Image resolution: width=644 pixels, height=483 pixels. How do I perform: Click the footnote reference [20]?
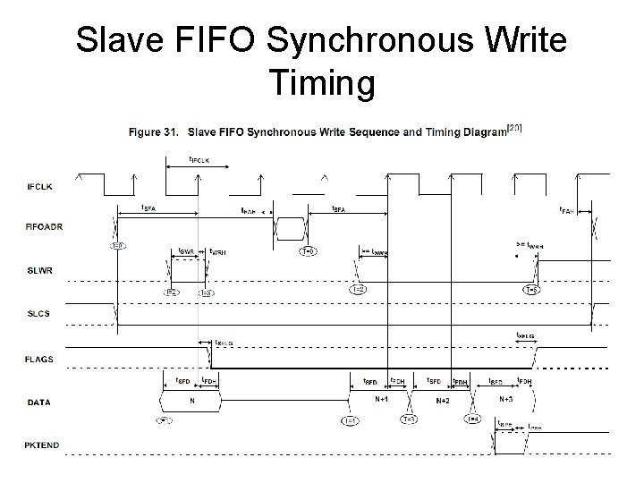tap(514, 127)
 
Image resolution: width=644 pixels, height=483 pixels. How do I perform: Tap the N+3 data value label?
tap(506, 399)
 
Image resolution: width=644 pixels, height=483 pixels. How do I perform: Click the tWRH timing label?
tap(217, 251)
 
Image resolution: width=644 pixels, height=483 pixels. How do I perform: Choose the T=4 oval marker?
tap(472, 419)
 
